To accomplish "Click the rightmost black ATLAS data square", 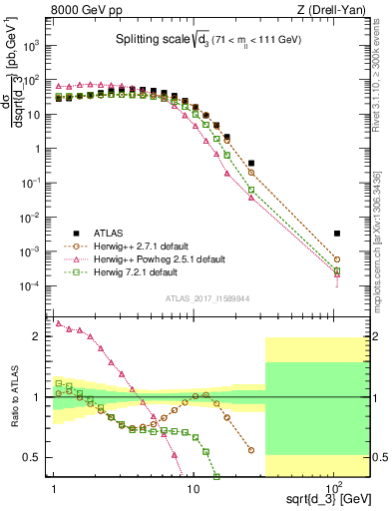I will pos(337,234).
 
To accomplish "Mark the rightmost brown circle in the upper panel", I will pos(337,259).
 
